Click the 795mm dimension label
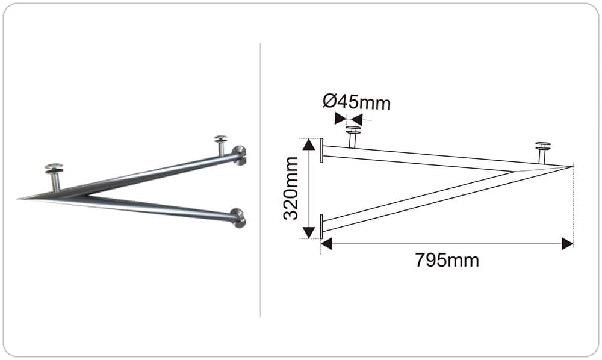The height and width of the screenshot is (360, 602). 447,261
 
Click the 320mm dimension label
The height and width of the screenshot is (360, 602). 291,188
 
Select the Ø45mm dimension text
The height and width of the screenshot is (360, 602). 356,102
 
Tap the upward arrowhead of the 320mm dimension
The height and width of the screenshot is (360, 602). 309,144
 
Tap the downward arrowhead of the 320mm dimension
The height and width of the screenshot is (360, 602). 309,232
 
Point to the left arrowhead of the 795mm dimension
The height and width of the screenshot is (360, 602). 326,244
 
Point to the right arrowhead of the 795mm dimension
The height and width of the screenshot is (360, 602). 568,244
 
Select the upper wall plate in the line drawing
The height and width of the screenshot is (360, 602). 321,151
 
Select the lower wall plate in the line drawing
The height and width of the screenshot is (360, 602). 321,226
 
